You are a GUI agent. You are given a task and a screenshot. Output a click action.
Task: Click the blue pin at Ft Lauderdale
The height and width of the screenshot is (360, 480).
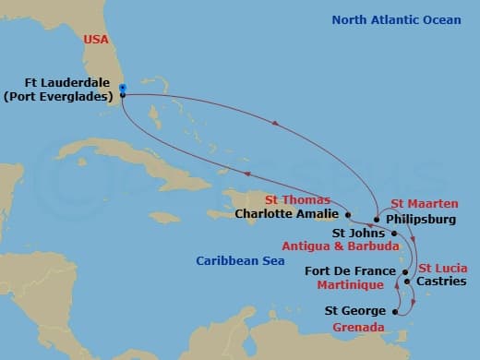(x=123, y=88)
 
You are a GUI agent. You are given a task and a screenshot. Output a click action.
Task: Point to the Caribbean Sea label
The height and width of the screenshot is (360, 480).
(x=235, y=261)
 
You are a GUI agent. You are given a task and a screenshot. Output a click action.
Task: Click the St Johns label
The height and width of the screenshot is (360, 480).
(x=352, y=234)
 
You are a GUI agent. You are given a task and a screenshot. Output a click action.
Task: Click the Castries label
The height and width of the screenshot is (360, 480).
(x=441, y=281)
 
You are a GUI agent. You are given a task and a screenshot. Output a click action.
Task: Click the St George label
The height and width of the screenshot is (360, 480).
(x=356, y=313)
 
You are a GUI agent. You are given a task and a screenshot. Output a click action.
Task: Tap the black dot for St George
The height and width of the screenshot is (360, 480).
(x=395, y=313)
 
